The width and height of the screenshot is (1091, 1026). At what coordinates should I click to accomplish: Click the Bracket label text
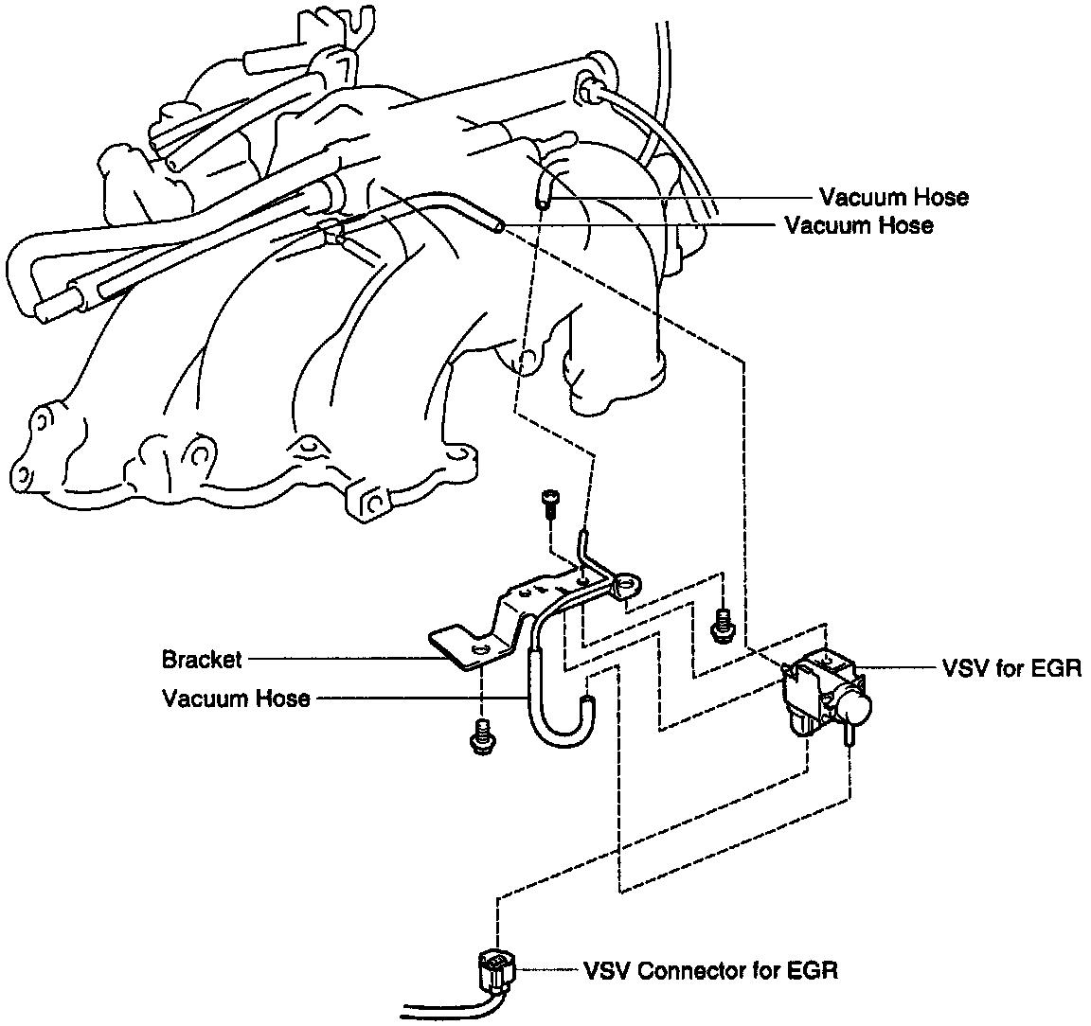202,659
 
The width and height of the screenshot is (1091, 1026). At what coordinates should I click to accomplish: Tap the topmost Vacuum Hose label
894,198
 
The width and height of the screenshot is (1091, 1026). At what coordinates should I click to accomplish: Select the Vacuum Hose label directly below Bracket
236,699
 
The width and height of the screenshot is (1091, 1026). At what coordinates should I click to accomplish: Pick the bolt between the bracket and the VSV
724,624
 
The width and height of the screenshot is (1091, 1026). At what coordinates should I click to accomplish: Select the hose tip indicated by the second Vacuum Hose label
498,223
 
